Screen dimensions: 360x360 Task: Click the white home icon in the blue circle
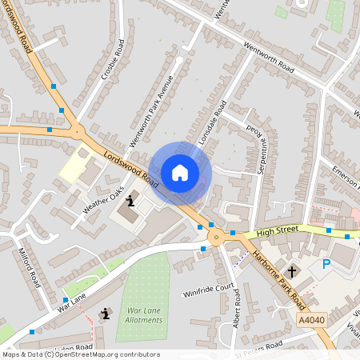click(180, 172)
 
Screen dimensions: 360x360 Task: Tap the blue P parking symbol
click(326, 264)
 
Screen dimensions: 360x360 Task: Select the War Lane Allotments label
click(139, 315)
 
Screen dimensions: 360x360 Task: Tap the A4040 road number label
click(312, 318)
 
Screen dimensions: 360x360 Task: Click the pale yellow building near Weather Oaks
click(73, 166)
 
